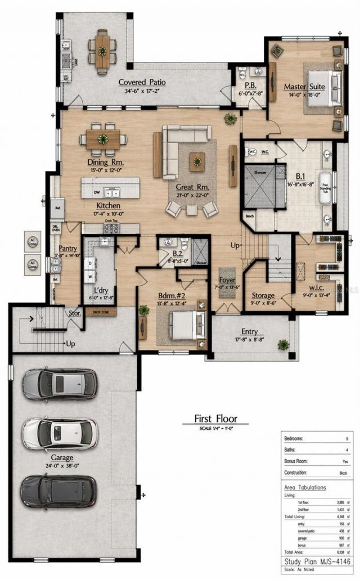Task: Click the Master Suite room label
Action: coord(304,87)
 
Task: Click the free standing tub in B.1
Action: coord(325,186)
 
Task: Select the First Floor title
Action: coord(215,418)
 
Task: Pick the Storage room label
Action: coord(263,295)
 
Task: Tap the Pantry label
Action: coord(67,248)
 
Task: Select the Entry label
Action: coord(249,331)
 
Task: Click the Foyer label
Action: coord(227,280)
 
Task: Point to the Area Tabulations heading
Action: coord(305,487)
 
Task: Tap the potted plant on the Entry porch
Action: coord(283,344)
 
